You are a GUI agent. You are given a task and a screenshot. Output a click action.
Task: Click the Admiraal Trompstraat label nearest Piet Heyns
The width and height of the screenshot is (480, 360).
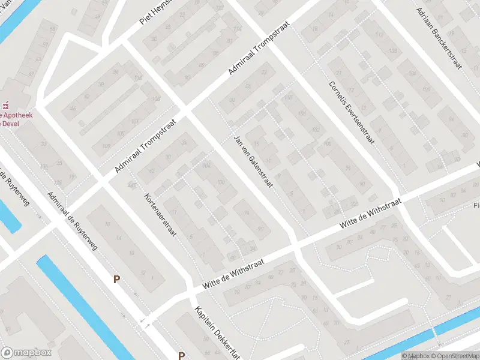pos(259,48)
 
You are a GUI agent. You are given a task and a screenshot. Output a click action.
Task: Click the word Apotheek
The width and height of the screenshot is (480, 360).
pos(18,114)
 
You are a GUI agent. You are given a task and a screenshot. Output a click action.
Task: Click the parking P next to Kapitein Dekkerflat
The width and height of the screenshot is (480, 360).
pos(181,355)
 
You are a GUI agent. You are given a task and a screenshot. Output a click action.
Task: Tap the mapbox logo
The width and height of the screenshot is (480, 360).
pos(26,353)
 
